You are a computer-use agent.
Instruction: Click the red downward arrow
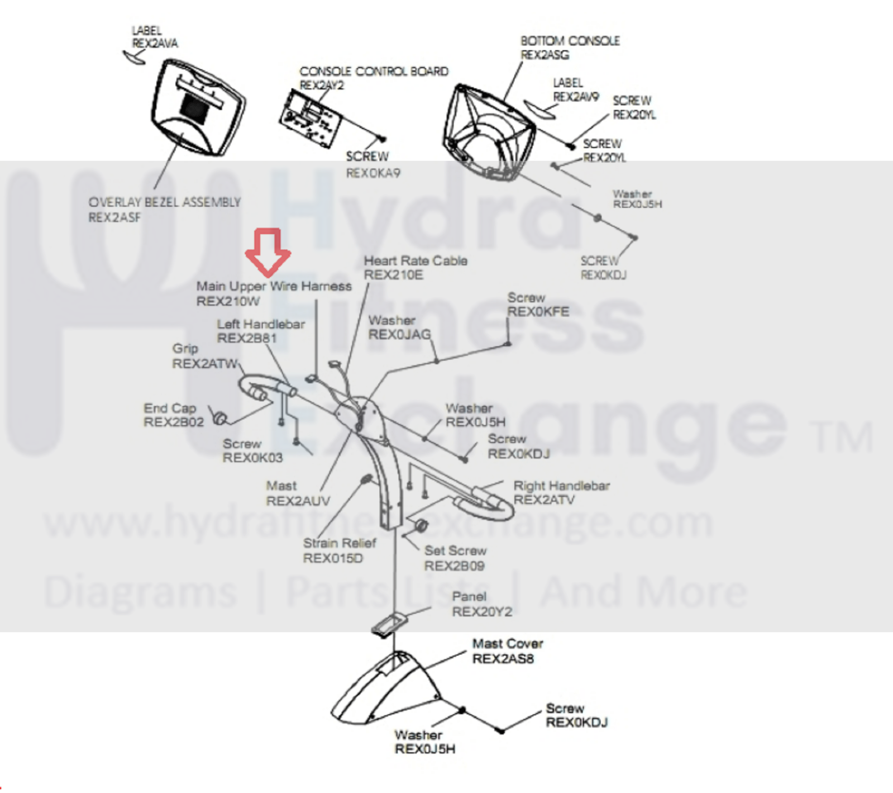coord(268,251)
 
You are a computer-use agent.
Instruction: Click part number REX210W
coord(228,302)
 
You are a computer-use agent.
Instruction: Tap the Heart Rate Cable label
coord(416,260)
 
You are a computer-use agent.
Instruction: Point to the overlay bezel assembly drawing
coord(197,108)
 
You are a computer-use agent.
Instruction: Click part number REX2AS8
coord(503,659)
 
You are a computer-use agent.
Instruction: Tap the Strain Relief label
coord(340,543)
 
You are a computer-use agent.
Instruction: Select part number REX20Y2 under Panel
coord(481,612)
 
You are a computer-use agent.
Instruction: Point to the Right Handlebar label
coord(561,486)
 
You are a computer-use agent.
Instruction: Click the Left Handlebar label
coord(261,324)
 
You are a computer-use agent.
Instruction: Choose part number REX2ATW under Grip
coord(204,364)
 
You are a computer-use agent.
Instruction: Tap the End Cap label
coord(170,408)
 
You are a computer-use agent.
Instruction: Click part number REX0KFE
coord(538,312)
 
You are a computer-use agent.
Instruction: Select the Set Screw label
coord(455,551)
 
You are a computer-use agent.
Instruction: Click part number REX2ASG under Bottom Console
coord(545,55)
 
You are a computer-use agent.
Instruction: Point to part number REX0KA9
coord(373,173)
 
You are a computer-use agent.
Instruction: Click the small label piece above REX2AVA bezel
coord(134,56)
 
